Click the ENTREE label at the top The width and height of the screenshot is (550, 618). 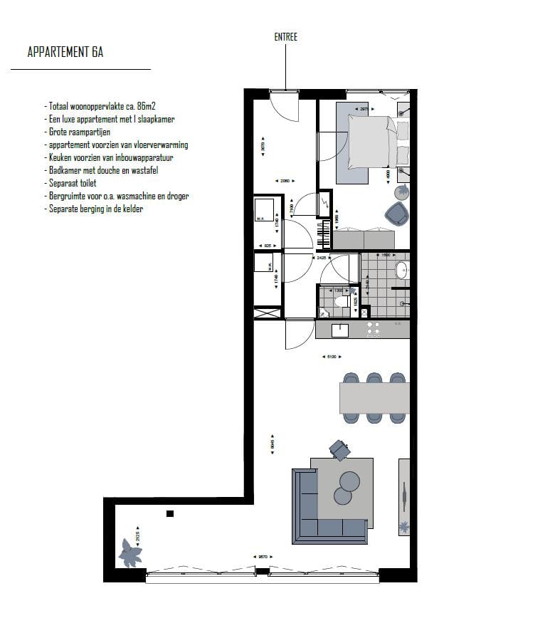[x=285, y=37]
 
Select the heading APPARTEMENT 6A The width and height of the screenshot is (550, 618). [x=65, y=52]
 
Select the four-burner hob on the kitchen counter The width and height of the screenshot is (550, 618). [x=374, y=329]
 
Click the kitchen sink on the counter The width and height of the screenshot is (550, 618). [x=339, y=329]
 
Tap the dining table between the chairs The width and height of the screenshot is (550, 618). [x=374, y=398]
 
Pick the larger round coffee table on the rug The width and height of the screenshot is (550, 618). [x=351, y=481]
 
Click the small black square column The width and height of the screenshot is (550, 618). [x=170, y=513]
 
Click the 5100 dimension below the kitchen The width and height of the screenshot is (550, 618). [x=331, y=357]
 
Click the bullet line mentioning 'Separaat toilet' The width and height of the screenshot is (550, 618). [x=74, y=183]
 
